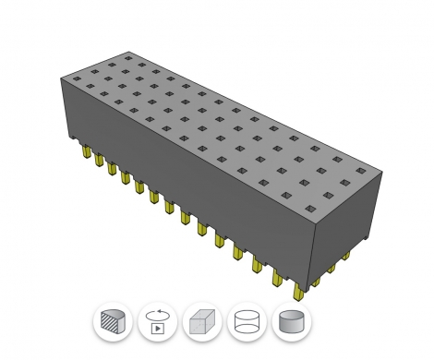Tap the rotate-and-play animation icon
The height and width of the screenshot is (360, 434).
coord(157,322)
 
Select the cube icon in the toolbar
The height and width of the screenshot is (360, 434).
coord(202,322)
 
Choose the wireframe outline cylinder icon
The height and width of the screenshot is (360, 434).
coord(247,322)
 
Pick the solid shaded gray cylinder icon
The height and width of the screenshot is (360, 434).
coord(291,322)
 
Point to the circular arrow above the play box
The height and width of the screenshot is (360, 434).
coord(157,313)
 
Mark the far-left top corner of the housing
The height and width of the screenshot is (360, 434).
coord(63,79)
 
